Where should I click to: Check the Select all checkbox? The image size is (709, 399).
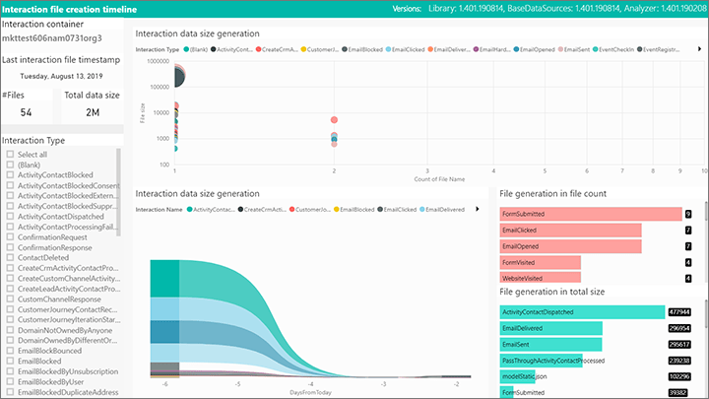[10, 155]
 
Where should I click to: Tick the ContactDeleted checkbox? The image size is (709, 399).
[10, 257]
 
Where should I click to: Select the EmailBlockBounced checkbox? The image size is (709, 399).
[10, 350]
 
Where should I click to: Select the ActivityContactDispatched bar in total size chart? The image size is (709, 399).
[582, 311]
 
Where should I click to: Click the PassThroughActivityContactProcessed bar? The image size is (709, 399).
[542, 361]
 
